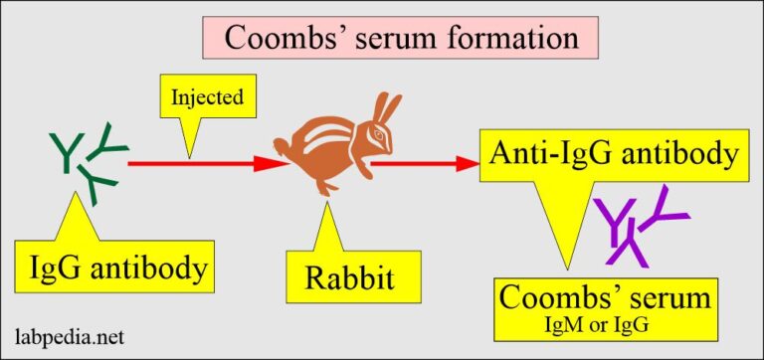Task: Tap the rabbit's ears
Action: (388, 109)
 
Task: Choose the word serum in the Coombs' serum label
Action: (657, 297)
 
